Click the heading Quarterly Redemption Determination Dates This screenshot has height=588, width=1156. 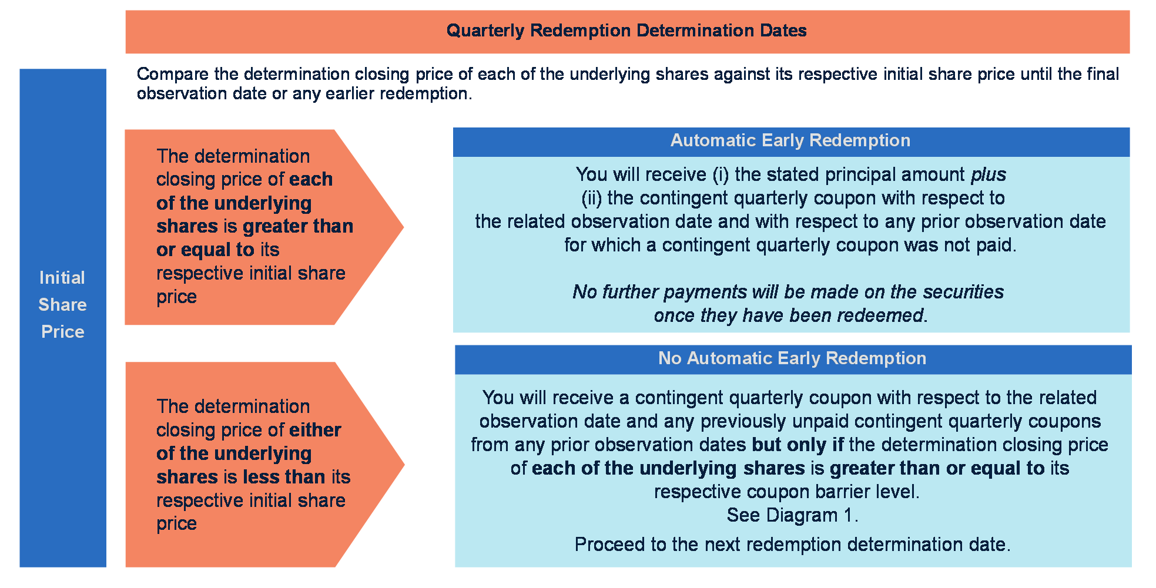(x=626, y=31)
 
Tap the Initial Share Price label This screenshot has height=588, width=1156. (x=62, y=304)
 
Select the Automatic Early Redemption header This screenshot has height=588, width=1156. (x=790, y=140)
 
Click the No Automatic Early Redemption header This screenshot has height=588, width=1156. (x=792, y=358)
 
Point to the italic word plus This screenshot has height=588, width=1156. (x=989, y=174)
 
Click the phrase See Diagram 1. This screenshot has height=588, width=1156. (x=792, y=515)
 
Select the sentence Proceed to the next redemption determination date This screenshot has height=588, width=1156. (x=792, y=545)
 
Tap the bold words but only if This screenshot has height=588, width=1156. (x=798, y=445)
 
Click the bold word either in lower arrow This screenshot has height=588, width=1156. (x=314, y=430)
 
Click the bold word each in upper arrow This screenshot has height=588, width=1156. (x=311, y=179)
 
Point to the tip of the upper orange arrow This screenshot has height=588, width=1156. (x=404, y=227)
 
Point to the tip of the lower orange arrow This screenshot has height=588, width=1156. (x=404, y=464)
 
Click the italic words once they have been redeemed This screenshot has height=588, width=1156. (x=790, y=315)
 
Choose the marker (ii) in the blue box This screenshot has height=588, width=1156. (x=592, y=198)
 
